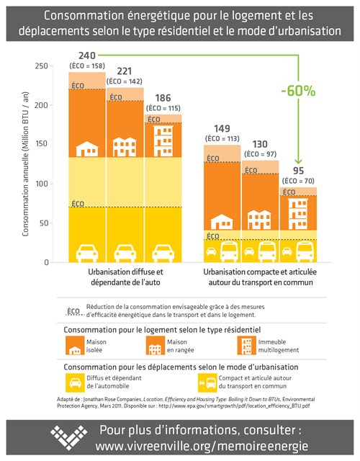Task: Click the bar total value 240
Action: pyautogui.click(x=86, y=55)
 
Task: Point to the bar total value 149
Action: pyautogui.click(x=222, y=129)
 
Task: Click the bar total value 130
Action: pyautogui.click(x=259, y=144)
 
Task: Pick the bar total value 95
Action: pyautogui.click(x=297, y=171)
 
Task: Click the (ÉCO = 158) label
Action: pyautogui.click(x=87, y=66)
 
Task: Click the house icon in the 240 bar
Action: pyautogui.click(x=87, y=148)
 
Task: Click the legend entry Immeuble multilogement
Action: pyautogui.click(x=274, y=345)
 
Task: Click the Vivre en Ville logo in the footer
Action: pyautogui.click(x=70, y=438)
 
